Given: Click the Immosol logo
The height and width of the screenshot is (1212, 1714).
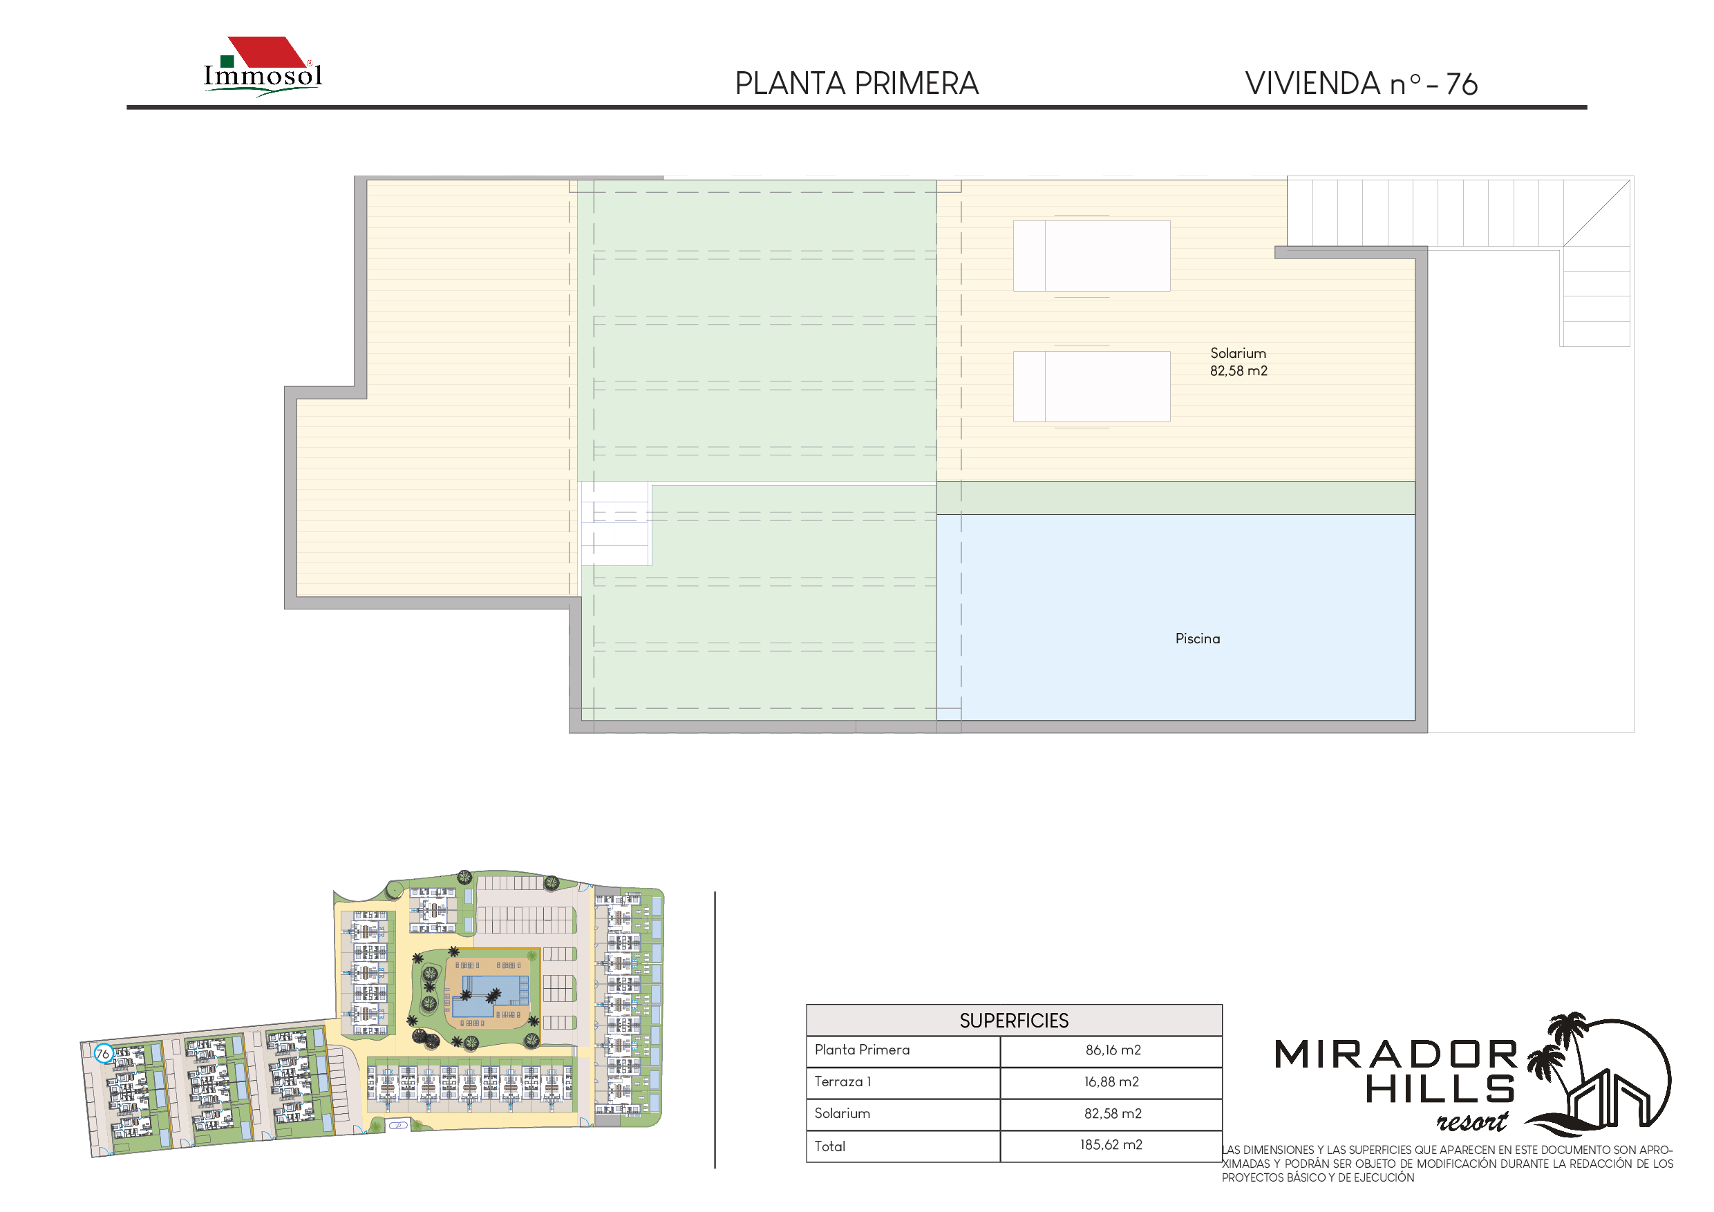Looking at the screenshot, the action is coord(263,66).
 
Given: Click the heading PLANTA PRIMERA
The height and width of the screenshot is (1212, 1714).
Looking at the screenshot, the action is coord(856,84).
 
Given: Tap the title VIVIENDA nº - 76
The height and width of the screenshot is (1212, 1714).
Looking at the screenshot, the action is coord(1361,84).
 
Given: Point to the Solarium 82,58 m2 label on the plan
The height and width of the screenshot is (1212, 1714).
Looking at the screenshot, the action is coord(1239,362).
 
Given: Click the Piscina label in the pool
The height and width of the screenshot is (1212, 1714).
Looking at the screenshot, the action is coord(1198,639).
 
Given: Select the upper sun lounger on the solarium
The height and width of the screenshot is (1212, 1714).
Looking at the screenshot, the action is coord(1091,256).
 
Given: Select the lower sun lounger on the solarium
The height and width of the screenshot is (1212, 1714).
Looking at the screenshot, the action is coord(1091,386).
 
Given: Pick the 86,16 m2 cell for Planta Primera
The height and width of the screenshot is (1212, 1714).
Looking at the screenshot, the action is coord(1113,1050).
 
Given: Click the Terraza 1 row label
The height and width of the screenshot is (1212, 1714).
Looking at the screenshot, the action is coord(842,1082).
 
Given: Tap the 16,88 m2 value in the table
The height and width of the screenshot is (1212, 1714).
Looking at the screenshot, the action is coord(1111,1082).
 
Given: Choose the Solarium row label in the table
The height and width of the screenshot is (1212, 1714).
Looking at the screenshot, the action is coord(841,1113).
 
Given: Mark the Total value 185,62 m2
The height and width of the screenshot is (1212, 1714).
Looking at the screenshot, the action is coord(1111,1145).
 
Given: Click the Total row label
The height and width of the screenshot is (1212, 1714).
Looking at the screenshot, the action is coord(829,1146).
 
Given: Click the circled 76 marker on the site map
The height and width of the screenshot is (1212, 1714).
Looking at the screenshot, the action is coord(103,1054).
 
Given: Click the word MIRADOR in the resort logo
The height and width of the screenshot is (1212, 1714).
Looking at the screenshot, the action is coord(1396,1054).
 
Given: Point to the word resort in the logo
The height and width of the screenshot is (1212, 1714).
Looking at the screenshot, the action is coord(1472,1121).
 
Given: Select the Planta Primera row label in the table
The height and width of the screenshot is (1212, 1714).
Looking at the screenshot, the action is coord(863,1050).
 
